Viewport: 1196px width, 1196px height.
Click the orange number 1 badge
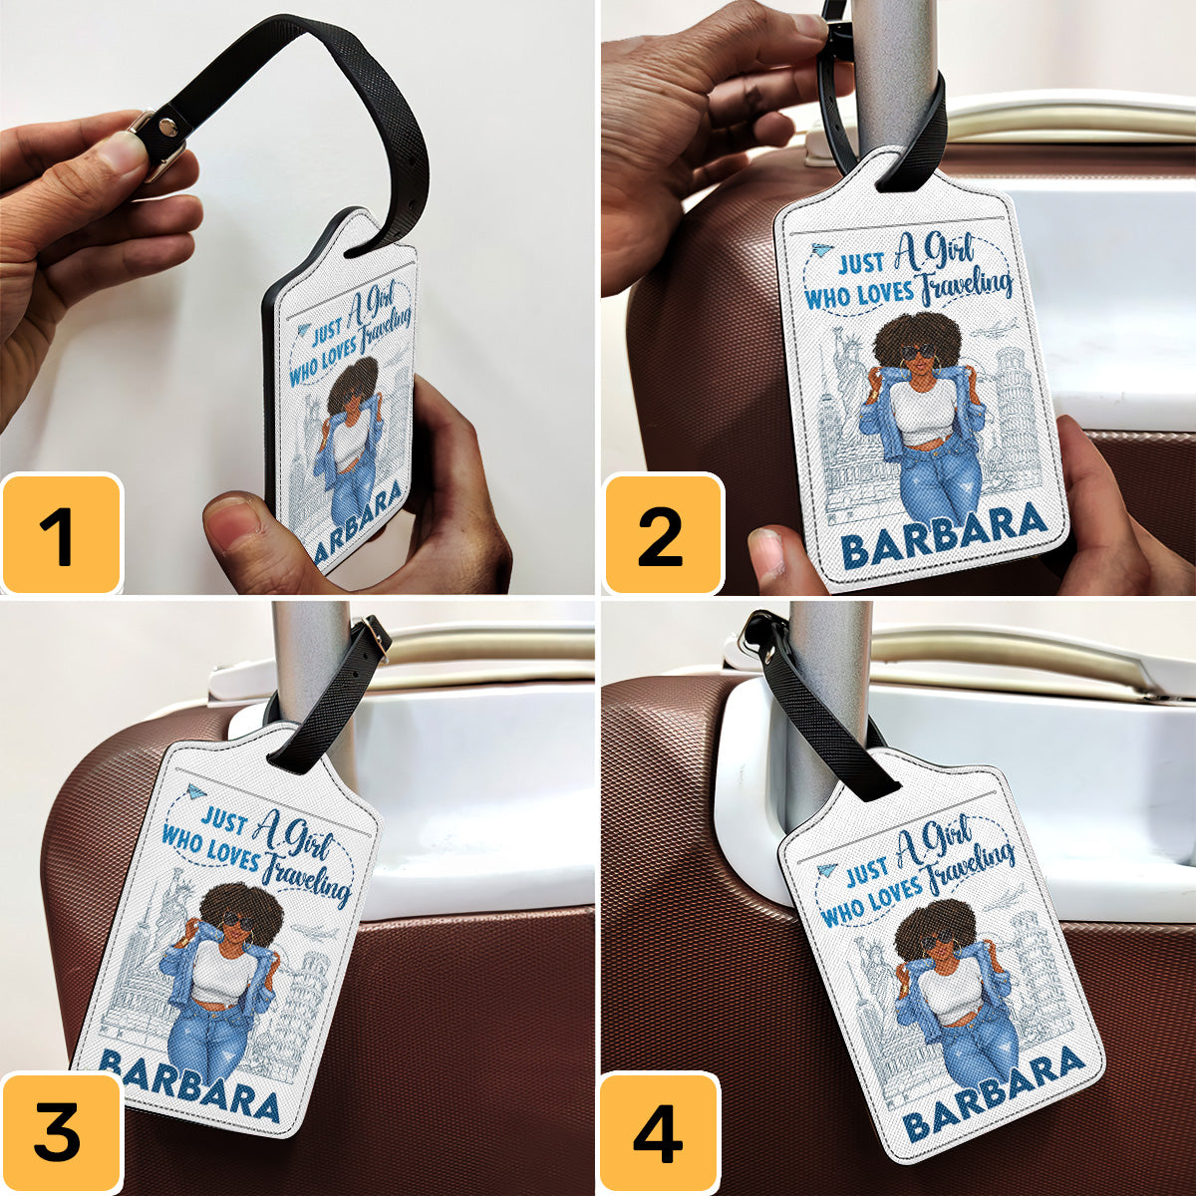61,534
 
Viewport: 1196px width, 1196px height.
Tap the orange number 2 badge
662,534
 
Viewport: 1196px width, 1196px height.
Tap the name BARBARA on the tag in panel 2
944,535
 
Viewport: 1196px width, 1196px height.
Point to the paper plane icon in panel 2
820,251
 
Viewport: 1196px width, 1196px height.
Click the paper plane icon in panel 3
196,792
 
